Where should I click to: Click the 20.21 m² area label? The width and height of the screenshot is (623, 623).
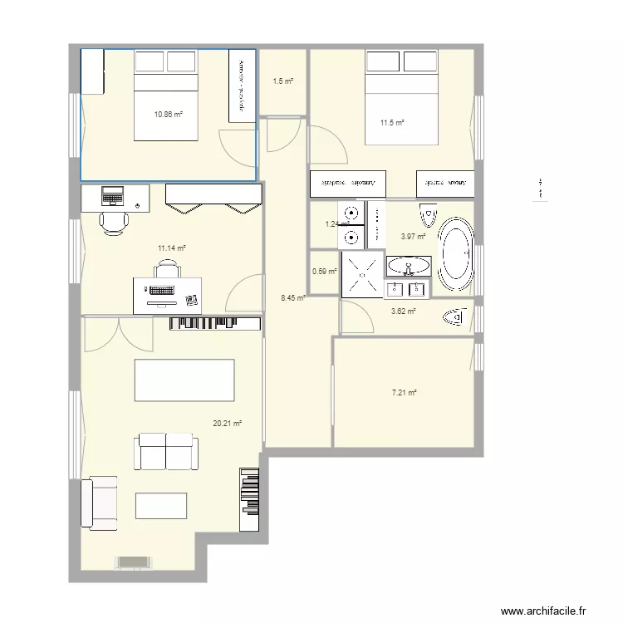(x=227, y=424)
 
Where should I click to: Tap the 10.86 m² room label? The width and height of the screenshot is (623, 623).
(x=169, y=114)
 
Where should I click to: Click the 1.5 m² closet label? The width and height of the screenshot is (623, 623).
(x=283, y=81)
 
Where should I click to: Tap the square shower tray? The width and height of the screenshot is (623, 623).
(x=361, y=274)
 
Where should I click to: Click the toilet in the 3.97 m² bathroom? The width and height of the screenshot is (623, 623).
(x=429, y=215)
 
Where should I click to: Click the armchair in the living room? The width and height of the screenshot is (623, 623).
(x=98, y=503)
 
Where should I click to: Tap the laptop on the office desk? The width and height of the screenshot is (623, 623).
(x=112, y=197)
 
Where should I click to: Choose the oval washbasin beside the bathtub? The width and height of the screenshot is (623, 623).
(x=409, y=266)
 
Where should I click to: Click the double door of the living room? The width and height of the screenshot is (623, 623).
(x=118, y=335)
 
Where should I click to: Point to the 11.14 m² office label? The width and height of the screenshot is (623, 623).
(x=171, y=248)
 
